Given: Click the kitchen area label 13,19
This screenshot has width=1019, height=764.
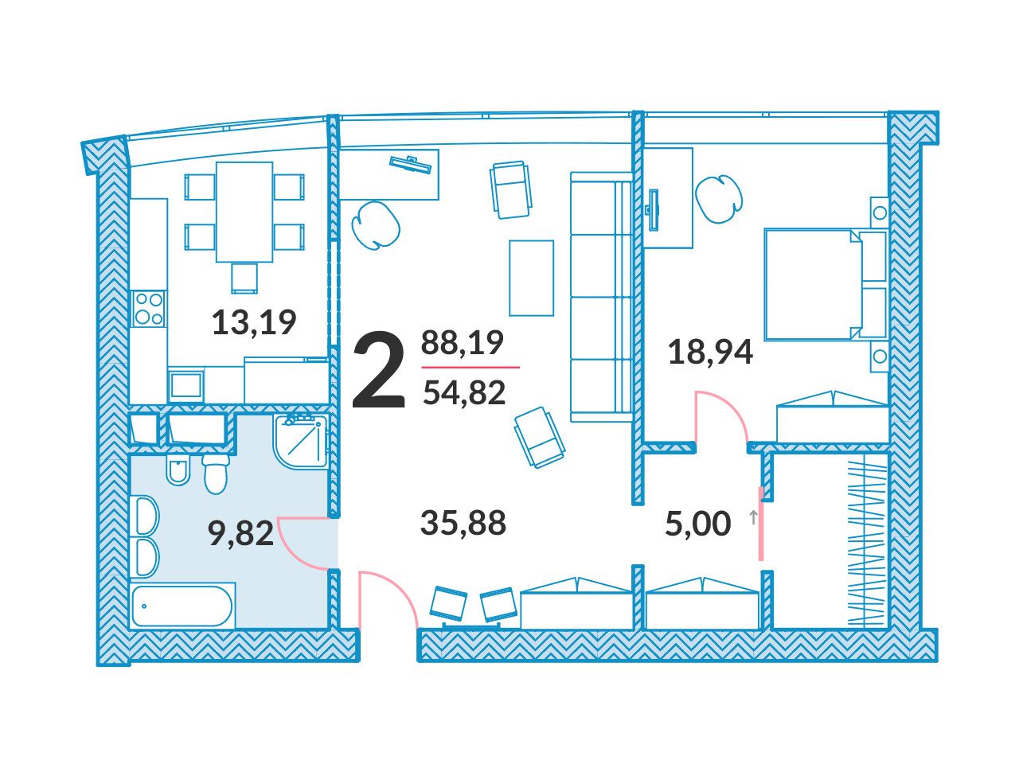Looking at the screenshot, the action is (x=254, y=323).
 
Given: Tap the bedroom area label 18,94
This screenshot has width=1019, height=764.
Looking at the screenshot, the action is (x=710, y=353).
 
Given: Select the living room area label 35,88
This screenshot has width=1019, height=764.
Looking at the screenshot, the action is (x=463, y=523).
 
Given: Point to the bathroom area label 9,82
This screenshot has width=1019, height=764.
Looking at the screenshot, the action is (x=240, y=533).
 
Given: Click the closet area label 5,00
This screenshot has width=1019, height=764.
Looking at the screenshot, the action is (x=697, y=524).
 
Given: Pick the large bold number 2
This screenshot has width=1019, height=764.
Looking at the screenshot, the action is (x=378, y=371).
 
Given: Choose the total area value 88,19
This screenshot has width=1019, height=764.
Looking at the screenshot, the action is (x=462, y=343).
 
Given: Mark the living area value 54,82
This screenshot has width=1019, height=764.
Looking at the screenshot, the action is (x=464, y=392).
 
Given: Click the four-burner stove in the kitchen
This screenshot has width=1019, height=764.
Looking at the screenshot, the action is (x=149, y=308).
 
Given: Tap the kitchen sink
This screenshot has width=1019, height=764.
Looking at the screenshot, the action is (x=185, y=384).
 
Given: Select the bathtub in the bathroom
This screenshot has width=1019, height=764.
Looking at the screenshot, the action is (x=182, y=606).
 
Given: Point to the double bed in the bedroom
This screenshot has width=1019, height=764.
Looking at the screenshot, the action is (x=826, y=284).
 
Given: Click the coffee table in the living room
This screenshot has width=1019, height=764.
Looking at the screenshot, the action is (x=531, y=278).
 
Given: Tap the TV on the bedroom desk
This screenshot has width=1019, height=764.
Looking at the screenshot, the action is (x=653, y=209).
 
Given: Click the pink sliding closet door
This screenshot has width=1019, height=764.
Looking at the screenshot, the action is (x=761, y=524).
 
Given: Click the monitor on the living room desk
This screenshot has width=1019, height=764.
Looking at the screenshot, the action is (x=410, y=164).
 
